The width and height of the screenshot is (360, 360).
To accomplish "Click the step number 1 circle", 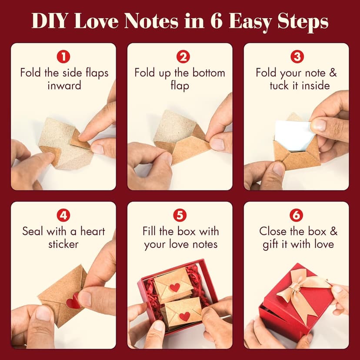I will click(63, 57).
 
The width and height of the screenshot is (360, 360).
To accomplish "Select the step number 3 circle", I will click(297, 57).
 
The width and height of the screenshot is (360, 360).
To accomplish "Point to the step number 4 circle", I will click(63, 215).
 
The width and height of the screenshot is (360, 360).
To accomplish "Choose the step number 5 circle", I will click(180, 215).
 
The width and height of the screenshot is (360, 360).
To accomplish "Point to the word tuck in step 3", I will click(279, 85).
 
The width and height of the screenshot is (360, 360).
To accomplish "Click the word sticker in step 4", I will click(63, 244).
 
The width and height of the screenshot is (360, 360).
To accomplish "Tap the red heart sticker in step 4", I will click(73, 300).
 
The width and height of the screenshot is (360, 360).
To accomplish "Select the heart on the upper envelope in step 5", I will click(175, 287).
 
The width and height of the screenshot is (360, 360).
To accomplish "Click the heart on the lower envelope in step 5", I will click(185, 316).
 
